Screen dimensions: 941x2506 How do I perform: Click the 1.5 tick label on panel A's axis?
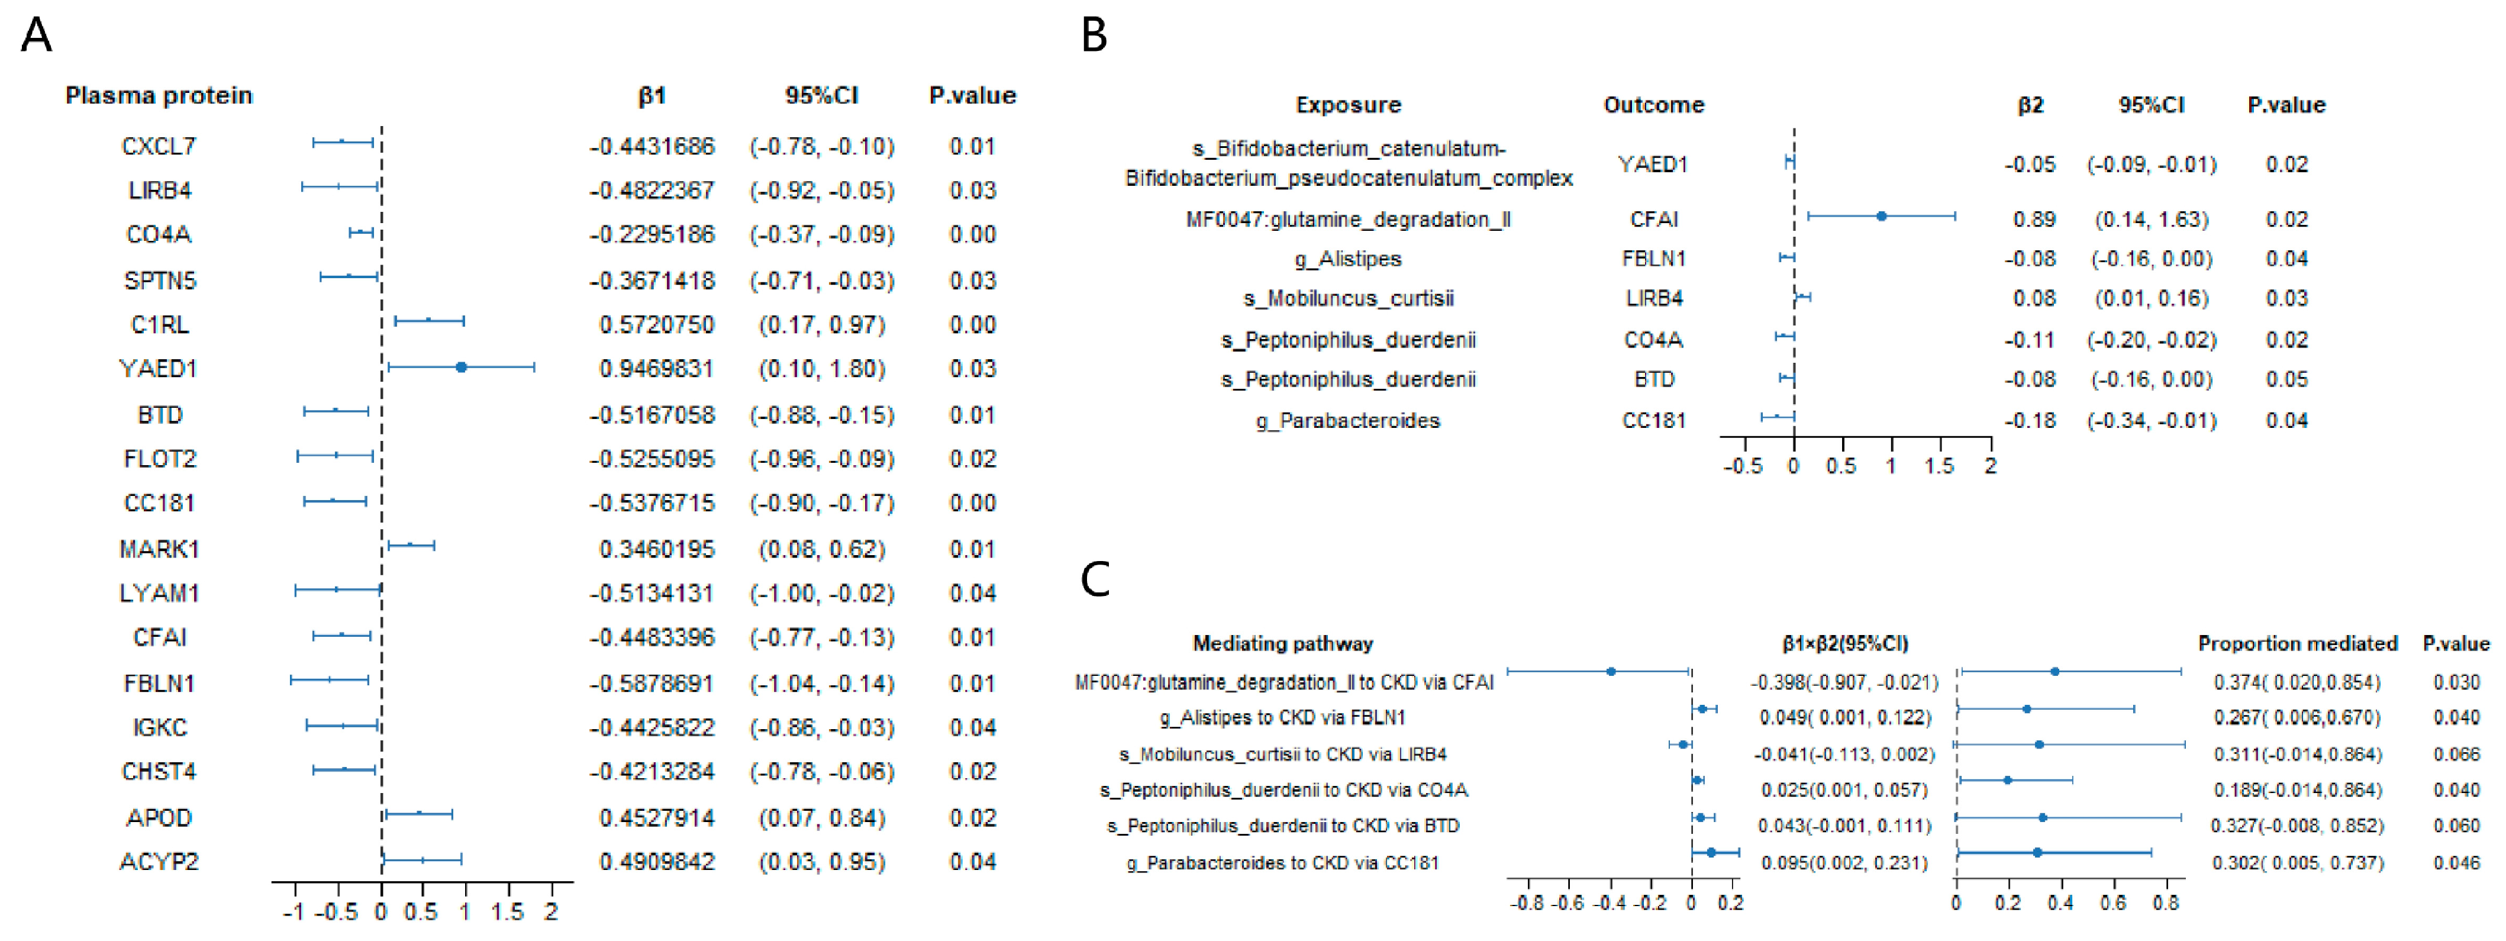507,913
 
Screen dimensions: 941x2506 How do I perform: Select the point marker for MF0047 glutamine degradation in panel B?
1882,216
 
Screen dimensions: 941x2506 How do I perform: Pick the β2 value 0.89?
2033,219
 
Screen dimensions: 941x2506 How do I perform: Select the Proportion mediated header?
2297,643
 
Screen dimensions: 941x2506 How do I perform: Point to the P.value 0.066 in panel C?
2456,754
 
